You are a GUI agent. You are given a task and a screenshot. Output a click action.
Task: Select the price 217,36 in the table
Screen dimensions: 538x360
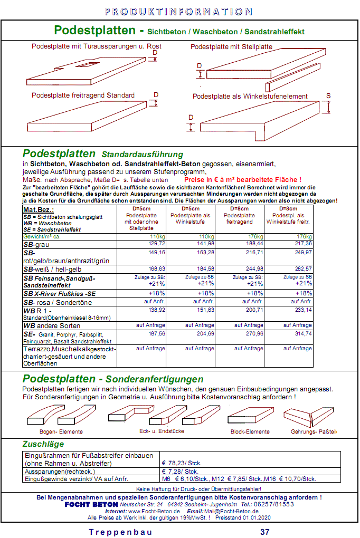pos(303,244)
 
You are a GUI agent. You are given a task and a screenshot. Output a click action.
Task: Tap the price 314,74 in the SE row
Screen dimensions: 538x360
pos(303,334)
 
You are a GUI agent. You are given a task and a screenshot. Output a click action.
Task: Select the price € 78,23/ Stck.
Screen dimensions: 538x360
pos(182,463)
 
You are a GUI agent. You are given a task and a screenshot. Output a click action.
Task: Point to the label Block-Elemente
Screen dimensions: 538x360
pos(250,431)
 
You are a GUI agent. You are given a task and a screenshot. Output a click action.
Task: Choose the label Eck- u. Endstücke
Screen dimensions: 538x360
pos(162,431)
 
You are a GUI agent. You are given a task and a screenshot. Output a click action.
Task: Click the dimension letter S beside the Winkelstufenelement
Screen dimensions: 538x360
pos(328,96)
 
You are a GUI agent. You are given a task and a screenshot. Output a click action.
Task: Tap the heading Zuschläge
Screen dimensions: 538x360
pos(43,444)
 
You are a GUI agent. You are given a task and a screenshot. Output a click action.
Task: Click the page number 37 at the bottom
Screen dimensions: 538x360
pos(264,532)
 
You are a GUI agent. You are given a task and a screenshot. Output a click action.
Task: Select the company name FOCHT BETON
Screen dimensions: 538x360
pos(91,504)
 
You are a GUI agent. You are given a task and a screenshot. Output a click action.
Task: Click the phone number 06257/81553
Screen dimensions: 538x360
pos(274,504)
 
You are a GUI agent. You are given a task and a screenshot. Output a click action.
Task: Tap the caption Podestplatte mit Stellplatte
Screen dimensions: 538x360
pos(231,46)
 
